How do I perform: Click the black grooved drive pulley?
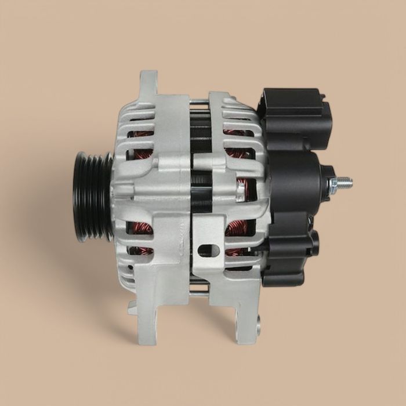92,195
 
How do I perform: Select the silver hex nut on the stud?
333,185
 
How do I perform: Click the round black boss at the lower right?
314,244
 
